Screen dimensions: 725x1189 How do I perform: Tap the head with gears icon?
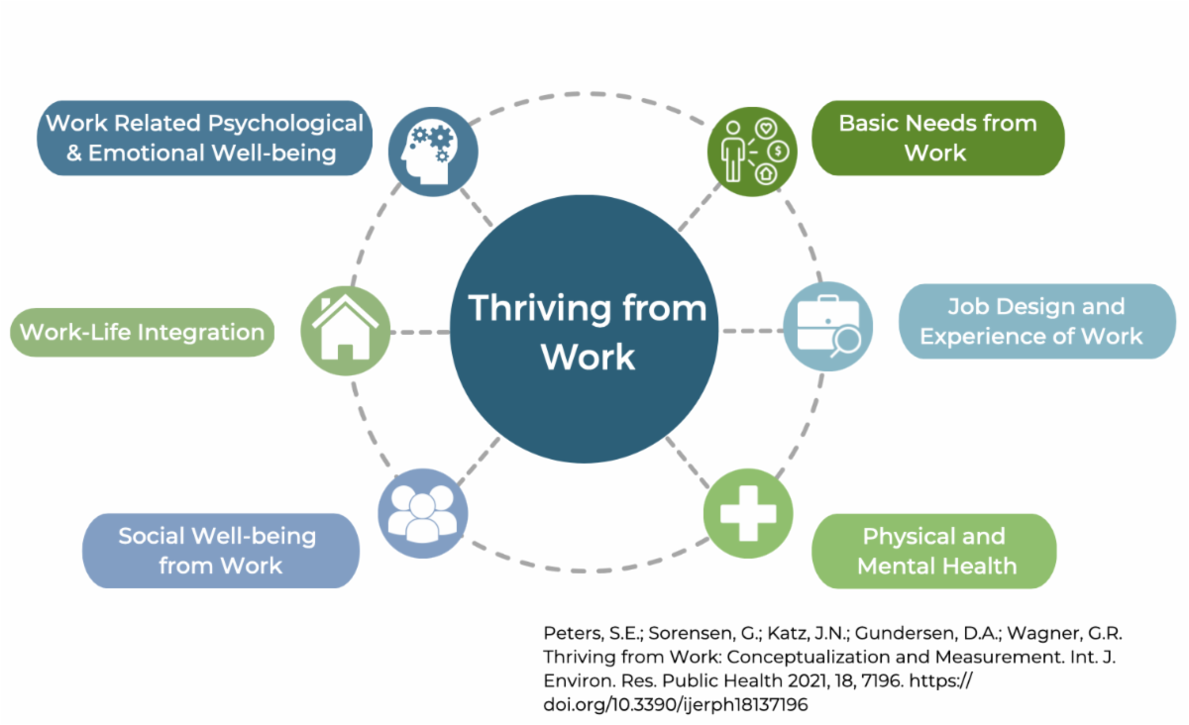pos(433,152)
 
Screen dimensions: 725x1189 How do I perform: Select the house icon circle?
pos(345,331)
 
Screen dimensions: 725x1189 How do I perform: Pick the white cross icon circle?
pos(748,513)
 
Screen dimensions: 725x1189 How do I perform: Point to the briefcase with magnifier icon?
pos(827,327)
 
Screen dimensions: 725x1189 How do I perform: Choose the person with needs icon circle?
pos(752,152)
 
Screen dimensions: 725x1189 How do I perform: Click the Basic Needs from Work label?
pos(937,138)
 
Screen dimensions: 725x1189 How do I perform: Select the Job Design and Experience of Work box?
pos(1036,321)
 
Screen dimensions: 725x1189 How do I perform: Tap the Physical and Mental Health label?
pos(934,551)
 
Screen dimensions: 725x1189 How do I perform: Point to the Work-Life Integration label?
pos(142,332)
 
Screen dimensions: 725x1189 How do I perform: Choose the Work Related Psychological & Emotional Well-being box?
pos(205,138)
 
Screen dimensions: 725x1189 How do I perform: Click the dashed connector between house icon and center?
pos(420,332)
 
